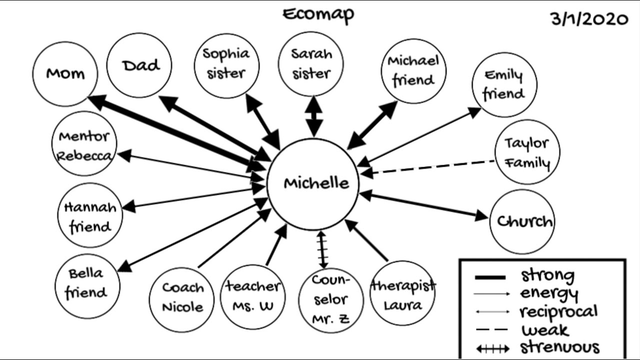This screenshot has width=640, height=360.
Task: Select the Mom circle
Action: (65, 74)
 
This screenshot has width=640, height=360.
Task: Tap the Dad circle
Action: (140, 65)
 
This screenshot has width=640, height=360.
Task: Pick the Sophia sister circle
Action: (226, 64)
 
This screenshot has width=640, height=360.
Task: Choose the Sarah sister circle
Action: (311, 63)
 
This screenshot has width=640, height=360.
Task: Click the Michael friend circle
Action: (413, 70)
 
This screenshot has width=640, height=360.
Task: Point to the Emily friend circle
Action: (504, 84)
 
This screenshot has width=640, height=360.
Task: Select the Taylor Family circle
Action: (527, 152)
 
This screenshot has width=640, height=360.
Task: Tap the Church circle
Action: (523, 221)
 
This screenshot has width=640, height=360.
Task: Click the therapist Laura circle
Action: (402, 293)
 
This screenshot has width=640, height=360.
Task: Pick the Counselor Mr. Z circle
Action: (330, 300)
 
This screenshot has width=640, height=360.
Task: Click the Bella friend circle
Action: (87, 284)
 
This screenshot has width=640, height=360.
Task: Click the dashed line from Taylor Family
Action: (433, 167)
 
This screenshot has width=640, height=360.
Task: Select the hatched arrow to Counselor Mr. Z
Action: (322, 248)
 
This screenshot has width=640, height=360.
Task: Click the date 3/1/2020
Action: (589, 19)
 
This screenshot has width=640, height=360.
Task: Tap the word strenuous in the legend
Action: (559, 347)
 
